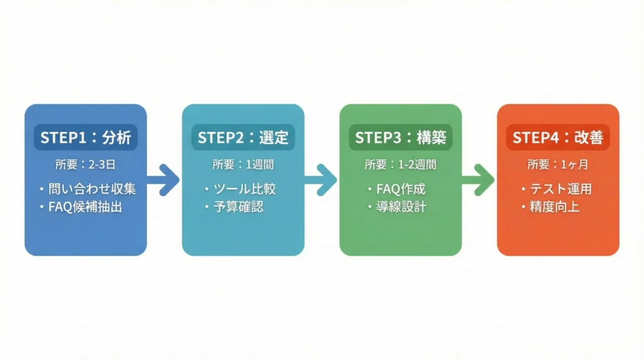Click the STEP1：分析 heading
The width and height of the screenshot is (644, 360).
click(x=85, y=138)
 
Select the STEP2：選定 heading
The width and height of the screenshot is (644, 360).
click(x=243, y=138)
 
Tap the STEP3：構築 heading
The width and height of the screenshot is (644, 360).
click(x=400, y=138)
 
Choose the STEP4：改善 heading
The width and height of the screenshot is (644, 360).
click(x=558, y=138)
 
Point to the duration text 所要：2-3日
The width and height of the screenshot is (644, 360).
click(x=85, y=165)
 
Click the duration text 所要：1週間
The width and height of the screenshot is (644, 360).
click(x=243, y=165)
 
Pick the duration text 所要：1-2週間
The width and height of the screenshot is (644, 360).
click(x=400, y=165)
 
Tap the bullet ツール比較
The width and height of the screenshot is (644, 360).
click(x=244, y=189)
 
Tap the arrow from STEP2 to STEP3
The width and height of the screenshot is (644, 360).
click(x=321, y=179)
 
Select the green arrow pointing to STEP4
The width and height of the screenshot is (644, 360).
click(x=479, y=179)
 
